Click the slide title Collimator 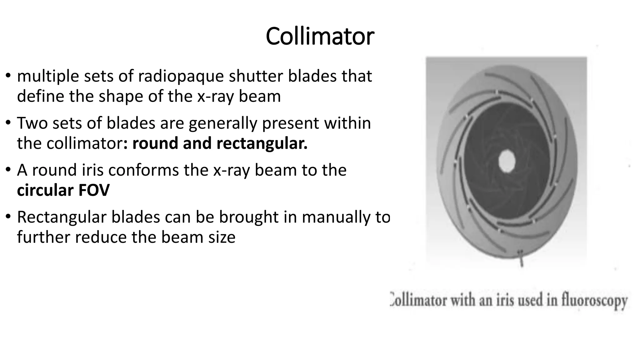(x=320, y=37)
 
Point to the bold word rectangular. (x=262, y=144)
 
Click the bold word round (x=155, y=144)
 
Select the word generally (x=223, y=123)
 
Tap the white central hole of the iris (x=506, y=161)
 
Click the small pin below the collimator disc (x=521, y=259)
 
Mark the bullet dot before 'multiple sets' (x=8, y=76)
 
